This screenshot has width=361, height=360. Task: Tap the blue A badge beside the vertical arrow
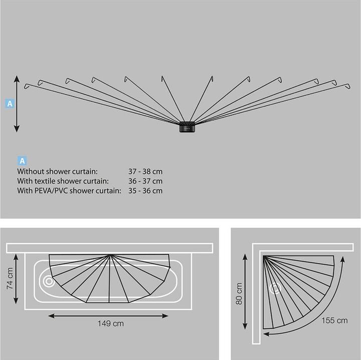10,104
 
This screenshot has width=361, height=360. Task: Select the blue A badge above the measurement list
22,160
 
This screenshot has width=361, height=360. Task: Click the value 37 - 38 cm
145,171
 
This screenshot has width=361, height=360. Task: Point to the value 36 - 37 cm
145,181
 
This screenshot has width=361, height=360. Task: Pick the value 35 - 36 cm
145,191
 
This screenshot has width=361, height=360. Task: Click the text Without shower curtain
57,171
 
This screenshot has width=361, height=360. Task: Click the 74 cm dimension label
10,278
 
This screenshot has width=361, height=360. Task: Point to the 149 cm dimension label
110,323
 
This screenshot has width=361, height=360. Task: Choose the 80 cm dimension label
239,293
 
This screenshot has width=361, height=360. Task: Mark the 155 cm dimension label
334,320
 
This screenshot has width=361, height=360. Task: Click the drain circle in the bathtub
49,281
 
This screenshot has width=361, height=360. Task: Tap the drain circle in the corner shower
275,288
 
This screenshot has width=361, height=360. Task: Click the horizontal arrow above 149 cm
108,316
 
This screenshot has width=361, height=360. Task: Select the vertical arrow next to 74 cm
16,278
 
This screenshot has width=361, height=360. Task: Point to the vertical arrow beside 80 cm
245,291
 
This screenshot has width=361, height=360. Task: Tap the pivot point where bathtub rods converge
110,255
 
